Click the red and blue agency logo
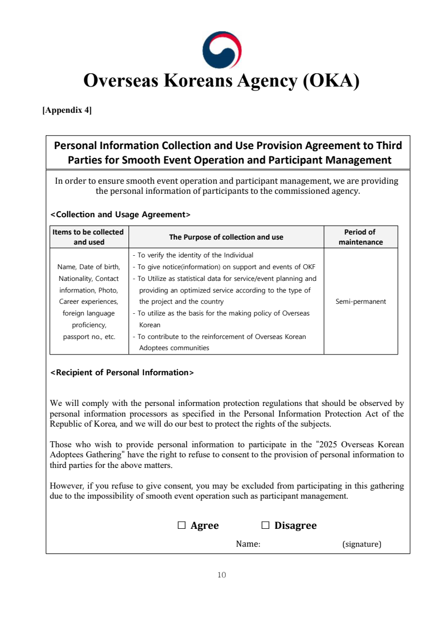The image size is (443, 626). point(222,50)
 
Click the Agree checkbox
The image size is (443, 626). point(182,525)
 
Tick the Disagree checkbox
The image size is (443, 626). point(265,525)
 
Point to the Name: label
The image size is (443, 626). point(248,543)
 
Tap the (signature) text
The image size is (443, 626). point(361,543)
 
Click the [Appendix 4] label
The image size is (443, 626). point(67,110)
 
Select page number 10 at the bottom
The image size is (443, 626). point(222,575)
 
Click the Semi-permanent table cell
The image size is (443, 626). point(360,302)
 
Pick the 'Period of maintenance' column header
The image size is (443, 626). point(360,237)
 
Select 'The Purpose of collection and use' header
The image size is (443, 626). point(226,237)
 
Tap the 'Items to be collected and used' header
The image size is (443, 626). point(89,237)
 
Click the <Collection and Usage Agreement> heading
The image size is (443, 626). point(121,214)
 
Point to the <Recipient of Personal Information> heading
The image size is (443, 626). point(122,372)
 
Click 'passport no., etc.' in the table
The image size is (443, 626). point(89,337)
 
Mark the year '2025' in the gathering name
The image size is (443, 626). point(330,445)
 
